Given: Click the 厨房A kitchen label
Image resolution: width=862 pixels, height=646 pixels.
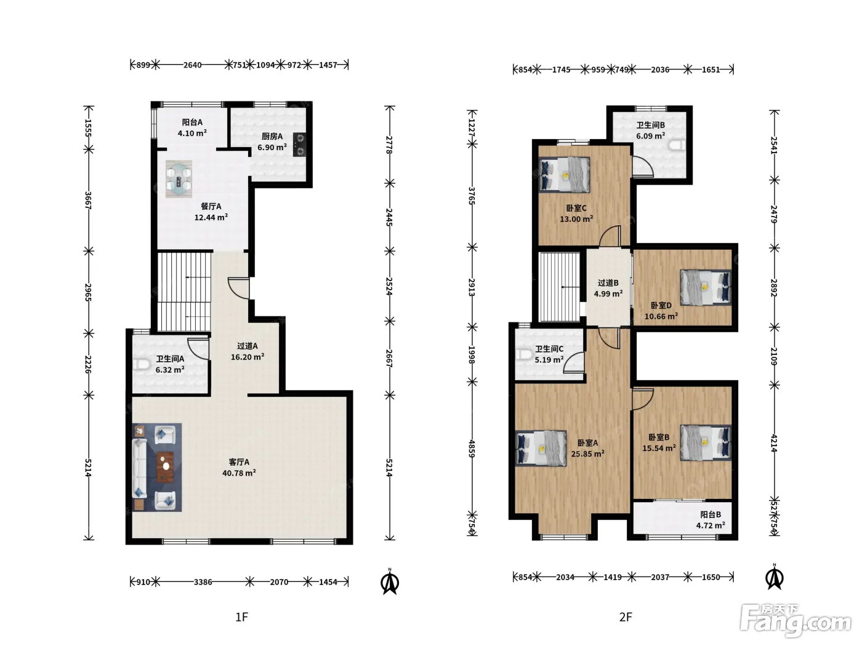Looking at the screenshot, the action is click(272, 137).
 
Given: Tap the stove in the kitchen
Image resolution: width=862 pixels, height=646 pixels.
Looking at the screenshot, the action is click(300, 145).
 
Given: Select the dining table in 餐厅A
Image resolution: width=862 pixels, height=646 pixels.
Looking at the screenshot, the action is click(179, 179).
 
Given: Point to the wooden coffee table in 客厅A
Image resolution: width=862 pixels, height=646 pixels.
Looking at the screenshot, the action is click(166, 466).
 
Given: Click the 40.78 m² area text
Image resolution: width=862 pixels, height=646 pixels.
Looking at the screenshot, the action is click(239, 473).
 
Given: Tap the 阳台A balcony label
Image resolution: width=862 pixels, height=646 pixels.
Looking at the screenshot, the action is click(192, 122).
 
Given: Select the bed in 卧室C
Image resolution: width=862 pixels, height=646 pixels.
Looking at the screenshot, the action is click(565, 175).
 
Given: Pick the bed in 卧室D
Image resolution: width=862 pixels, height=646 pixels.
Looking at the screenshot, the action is click(706, 287).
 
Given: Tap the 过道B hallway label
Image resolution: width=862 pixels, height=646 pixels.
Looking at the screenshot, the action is click(608, 283).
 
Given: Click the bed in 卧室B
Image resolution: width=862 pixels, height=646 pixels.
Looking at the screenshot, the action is click(706, 442).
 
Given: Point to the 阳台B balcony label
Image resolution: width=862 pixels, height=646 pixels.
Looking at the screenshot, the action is click(711, 514).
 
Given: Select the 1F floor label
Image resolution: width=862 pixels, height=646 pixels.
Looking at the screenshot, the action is click(241, 617).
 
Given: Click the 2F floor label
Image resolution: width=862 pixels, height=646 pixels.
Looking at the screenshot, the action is click(625, 617).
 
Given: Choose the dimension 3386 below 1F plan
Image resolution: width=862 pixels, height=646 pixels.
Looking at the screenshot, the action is click(203, 582).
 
